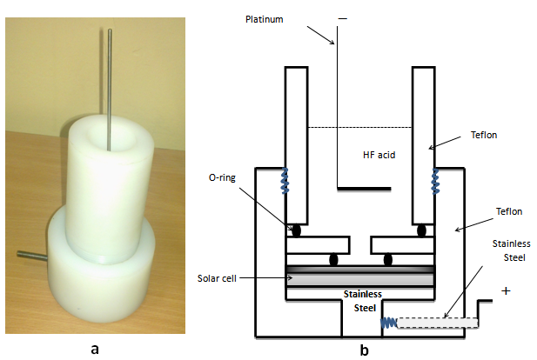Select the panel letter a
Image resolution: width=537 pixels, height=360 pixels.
(x=94, y=350)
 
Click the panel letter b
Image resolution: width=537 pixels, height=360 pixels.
(x=365, y=350)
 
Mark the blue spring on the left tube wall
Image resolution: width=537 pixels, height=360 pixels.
(x=284, y=180)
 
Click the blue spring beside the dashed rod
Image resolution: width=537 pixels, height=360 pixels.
(x=389, y=323)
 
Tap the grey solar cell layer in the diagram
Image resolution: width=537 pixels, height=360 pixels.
(x=360, y=279)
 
